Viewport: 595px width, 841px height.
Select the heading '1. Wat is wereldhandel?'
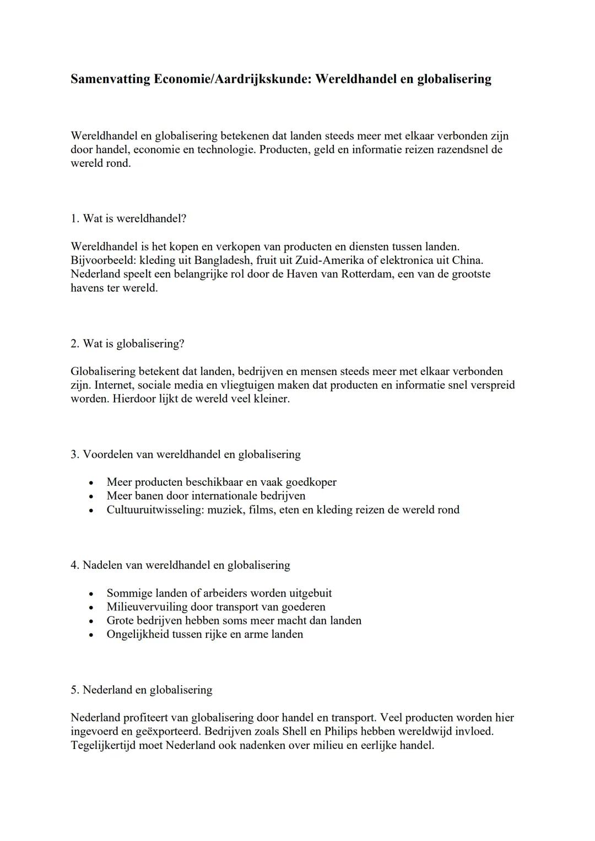[x=128, y=219]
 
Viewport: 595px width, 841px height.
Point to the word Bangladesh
[x=212, y=261]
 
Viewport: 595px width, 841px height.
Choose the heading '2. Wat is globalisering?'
[x=127, y=344]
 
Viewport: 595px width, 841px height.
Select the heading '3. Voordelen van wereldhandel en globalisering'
[x=186, y=454]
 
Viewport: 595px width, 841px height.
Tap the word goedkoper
[x=311, y=482]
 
